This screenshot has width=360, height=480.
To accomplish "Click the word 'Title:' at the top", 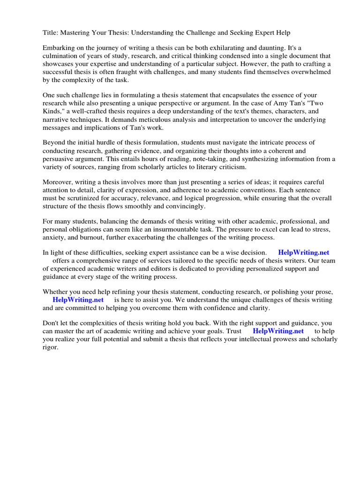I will (x=51, y=32).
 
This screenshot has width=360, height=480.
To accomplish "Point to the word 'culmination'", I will (x=61, y=56).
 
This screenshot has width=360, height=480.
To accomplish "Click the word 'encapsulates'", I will (x=247, y=95).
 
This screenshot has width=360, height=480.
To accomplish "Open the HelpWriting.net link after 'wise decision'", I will (x=303, y=253).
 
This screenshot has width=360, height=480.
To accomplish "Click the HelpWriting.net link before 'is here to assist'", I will (x=78, y=300).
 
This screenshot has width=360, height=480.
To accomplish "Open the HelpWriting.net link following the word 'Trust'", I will (x=278, y=331).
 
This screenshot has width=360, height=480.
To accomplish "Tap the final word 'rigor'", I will (x=50, y=347).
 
